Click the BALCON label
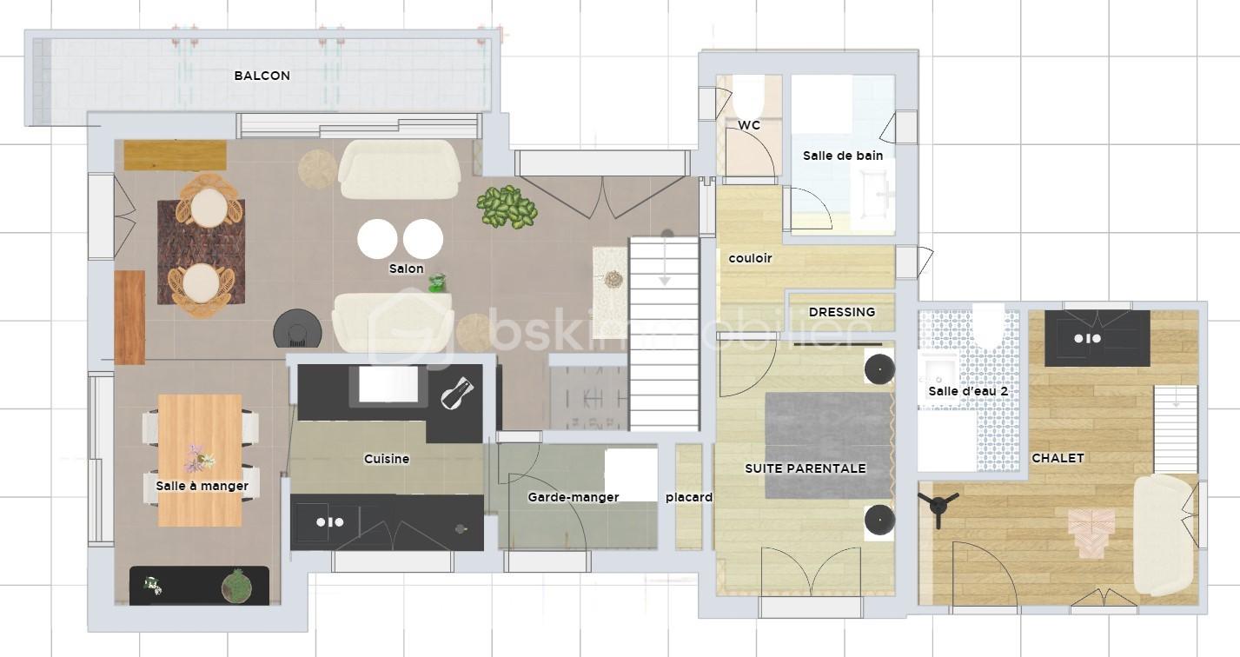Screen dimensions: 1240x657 [262, 76]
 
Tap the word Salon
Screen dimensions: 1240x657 [407, 269]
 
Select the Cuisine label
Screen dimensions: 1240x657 [387, 458]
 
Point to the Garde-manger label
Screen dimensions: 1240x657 [573, 497]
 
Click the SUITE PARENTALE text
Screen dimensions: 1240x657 [805, 468]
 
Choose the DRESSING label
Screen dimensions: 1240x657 [842, 312]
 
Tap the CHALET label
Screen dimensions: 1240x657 [1058, 458]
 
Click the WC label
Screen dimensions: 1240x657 [749, 125]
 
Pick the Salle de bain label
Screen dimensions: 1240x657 [843, 156]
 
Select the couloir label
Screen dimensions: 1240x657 [750, 258]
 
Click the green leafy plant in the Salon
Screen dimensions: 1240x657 [507, 207]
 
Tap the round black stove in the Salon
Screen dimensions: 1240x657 [298, 328]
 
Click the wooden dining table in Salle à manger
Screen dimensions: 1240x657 [200, 460]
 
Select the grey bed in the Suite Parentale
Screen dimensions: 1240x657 [829, 445]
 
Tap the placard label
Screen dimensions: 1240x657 [688, 497]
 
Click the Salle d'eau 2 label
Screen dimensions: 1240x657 [968, 391]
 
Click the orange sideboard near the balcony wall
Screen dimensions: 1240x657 [175, 155]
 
